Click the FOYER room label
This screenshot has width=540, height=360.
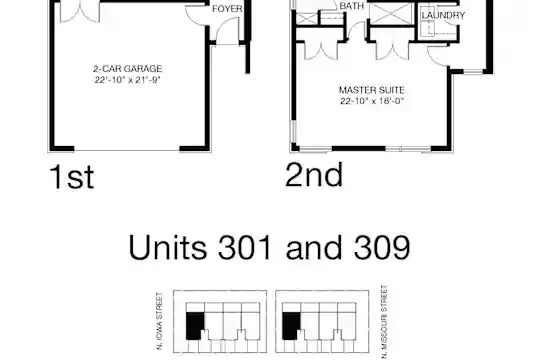tap(227, 9)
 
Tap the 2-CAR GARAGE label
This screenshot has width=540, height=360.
tap(128, 69)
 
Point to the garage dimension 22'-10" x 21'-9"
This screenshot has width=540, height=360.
tap(128, 80)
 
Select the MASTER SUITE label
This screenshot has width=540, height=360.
tap(372, 90)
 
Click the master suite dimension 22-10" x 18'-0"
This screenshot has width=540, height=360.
tap(372, 101)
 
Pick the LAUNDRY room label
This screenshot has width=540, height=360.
tap(443, 15)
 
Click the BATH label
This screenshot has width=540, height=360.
tap(352, 6)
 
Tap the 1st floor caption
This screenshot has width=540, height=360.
tap(72, 177)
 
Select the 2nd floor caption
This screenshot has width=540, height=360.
tap(314, 175)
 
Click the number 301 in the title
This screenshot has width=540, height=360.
tap(245, 247)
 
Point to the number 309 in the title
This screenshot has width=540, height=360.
tap(382, 247)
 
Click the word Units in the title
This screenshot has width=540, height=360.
tap(168, 247)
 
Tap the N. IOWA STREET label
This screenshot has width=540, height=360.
tap(159, 321)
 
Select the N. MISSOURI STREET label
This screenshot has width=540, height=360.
tap(385, 322)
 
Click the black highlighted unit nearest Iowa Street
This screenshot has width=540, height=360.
tap(195, 326)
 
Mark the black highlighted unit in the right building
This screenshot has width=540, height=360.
tap(291, 326)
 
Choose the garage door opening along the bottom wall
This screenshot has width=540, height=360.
tap(127, 150)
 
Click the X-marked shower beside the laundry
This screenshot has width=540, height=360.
tap(391, 14)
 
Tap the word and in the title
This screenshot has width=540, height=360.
tap(313, 247)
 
